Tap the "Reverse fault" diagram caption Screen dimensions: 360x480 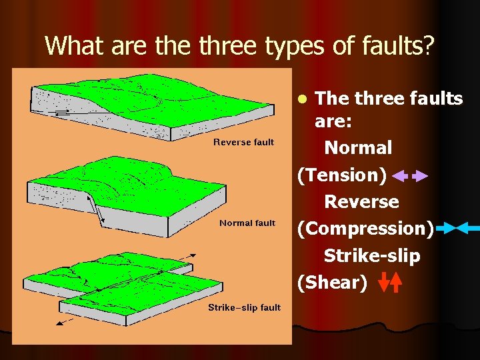coord(243,142)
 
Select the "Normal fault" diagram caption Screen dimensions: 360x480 coord(247,223)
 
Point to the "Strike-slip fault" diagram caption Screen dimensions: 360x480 coord(244,307)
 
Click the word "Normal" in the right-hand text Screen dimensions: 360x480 coord(357,147)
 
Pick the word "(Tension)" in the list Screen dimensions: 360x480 coord(341,175)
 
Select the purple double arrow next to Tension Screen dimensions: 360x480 coord(410,177)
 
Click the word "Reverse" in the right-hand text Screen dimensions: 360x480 coord(361,201)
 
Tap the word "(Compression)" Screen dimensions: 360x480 coord(365,229)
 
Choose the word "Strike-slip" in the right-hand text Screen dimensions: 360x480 coord(372,256)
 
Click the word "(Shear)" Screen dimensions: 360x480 coord(332,283)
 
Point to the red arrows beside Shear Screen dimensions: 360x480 coord(390,283)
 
